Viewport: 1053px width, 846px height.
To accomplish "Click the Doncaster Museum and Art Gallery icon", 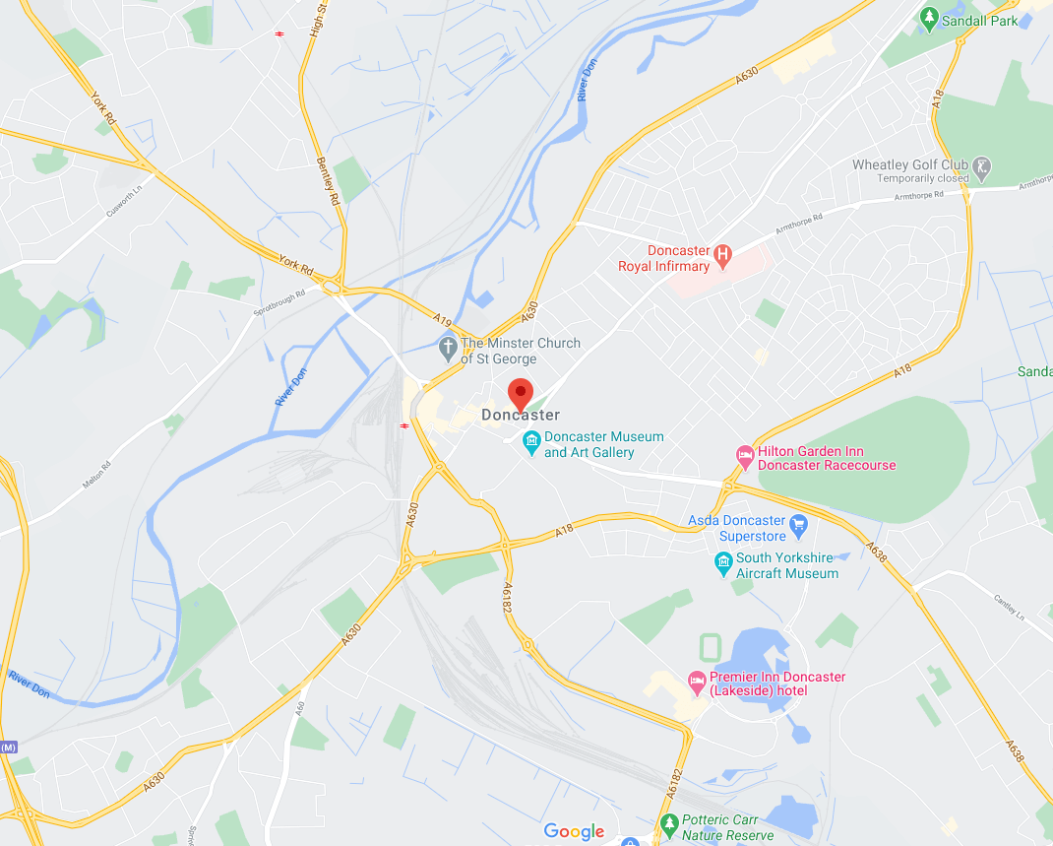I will coord(531,441).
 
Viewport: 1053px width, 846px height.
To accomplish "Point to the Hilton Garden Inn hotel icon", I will coord(745,457).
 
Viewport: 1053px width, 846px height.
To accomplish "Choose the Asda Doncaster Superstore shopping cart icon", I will coord(799,524).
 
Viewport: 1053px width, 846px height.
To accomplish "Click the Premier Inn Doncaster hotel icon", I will coord(697,680).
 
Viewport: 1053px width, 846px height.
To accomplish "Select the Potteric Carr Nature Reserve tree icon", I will coord(669,823).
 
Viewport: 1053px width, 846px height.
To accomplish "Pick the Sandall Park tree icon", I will coord(928,18).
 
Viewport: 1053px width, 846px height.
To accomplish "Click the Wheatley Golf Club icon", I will coord(981,168).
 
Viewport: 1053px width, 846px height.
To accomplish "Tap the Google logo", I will coord(574,832).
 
